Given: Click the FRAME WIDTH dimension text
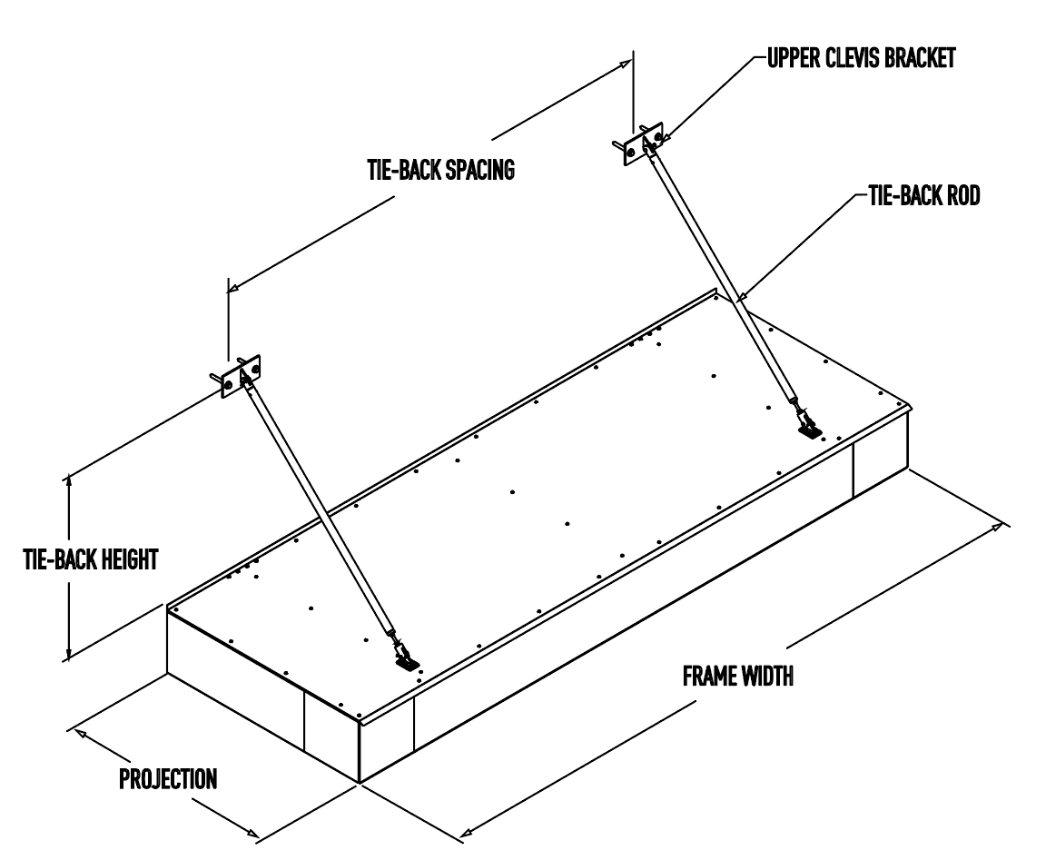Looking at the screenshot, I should pyautogui.click(x=736, y=677).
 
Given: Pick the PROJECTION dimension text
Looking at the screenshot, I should pyautogui.click(x=168, y=779).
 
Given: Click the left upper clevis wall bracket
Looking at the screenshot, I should pyautogui.click(x=241, y=374).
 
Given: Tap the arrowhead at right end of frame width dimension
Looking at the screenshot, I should pyautogui.click(x=1002, y=524).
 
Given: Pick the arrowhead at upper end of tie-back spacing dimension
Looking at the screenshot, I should pyautogui.click(x=625, y=63).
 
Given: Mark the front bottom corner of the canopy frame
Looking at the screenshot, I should pyautogui.click(x=360, y=783).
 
